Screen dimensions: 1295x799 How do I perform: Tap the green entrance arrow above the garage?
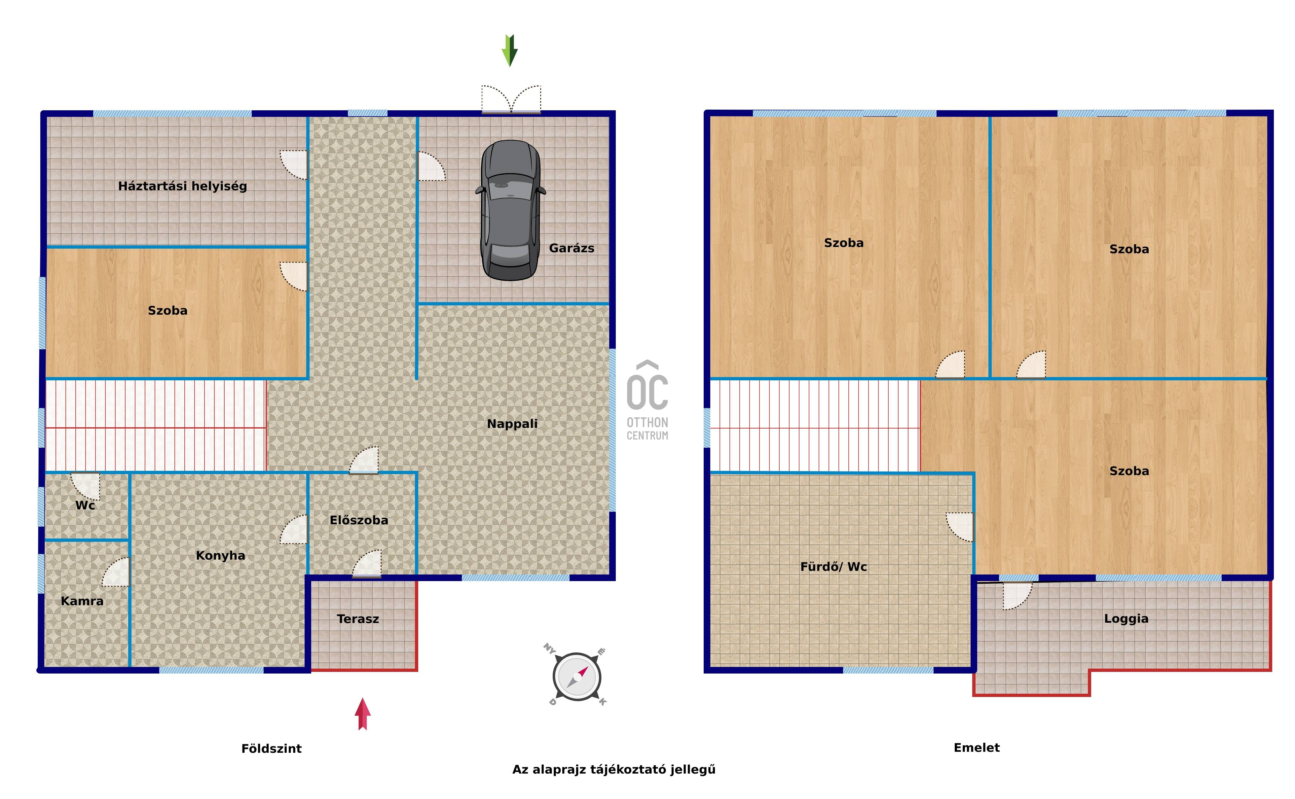pos(509,51)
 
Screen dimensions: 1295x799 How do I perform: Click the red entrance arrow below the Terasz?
pos(363,714)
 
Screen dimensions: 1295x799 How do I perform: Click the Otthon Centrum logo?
pos(647,400)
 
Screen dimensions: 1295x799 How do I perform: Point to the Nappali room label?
pos(512,424)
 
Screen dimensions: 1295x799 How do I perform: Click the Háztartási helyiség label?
pos(182,186)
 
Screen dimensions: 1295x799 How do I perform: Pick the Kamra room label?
pos(82,601)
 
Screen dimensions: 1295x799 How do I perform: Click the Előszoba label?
pos(359,520)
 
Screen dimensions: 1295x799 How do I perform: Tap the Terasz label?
pos(358,619)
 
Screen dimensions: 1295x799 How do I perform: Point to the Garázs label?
pos(572,248)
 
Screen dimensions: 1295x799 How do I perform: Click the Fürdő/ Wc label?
pos(833,567)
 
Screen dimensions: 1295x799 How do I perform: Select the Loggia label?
pos(1126,619)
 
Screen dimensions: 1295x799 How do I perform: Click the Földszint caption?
pos(271,748)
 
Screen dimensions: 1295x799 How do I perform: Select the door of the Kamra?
pos(116,572)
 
